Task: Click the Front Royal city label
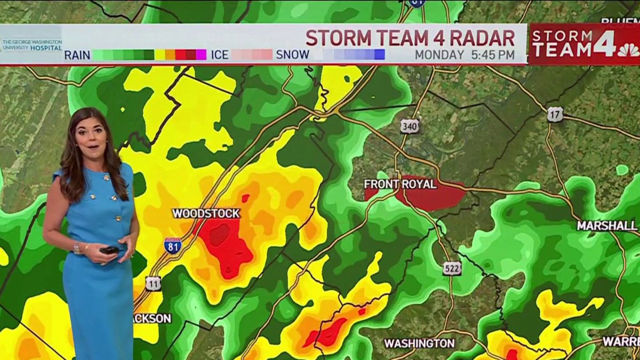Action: click(400, 184)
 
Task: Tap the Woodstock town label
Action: click(206, 213)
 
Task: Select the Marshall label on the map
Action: click(607, 226)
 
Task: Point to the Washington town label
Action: click(419, 343)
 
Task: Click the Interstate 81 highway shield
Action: click(172, 245)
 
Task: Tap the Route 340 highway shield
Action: click(410, 126)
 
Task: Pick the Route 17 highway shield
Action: click(555, 114)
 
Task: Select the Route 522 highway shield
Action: click(451, 268)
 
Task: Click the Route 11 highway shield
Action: click(153, 283)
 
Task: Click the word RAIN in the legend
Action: click(77, 55)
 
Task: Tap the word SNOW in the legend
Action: click(292, 55)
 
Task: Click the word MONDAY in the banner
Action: click(439, 55)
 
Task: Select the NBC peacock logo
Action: click(628, 50)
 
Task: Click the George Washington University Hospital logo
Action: click(32, 45)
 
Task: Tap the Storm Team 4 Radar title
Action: click(410, 38)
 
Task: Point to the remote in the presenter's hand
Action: click(110, 250)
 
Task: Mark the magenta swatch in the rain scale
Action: click(201, 54)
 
